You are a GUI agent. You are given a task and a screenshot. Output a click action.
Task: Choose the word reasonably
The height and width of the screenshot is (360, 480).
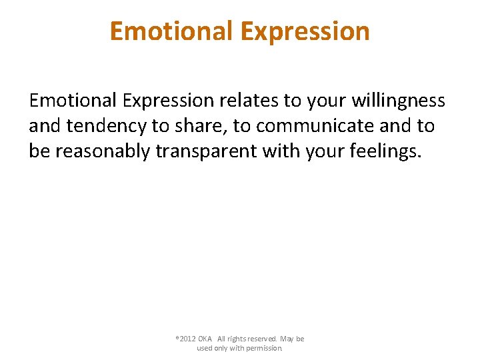pyautogui.click(x=103, y=151)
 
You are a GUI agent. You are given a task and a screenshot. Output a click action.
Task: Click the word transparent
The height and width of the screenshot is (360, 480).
pyautogui.click(x=206, y=151)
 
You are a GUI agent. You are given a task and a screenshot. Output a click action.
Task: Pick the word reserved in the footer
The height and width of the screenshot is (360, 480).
pyautogui.click(x=263, y=339)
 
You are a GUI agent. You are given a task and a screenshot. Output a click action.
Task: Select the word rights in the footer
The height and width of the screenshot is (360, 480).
pyautogui.click(x=237, y=339)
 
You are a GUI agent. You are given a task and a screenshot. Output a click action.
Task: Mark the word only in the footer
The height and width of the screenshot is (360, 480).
pyautogui.click(x=222, y=348)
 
